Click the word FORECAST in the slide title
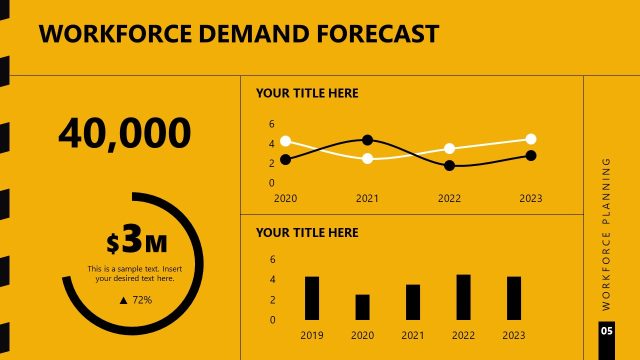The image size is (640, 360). pos(376,34)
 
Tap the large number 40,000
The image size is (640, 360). pos(125,133)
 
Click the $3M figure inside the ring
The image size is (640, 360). pos(137,242)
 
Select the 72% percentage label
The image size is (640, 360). pos(142,300)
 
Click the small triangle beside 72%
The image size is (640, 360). pos(123,300)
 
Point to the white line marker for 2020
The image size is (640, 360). pos(286,141)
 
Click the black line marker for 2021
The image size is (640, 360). pos(368,140)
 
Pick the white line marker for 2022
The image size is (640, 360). pos(450,148)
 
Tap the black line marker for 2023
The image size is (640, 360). pos(531,155)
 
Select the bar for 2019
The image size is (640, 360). pos(312,298)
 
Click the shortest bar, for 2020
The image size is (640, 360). pos(362,307)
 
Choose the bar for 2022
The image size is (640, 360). pos(463,297)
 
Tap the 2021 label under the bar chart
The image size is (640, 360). pos(413,335)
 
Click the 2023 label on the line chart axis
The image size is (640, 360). pos(531,198)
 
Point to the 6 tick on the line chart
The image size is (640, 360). pos(271,124)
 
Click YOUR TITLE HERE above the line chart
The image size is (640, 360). pos(307,94)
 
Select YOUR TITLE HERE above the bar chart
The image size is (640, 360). pos(307,233)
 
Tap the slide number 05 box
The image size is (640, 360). pos(607,330)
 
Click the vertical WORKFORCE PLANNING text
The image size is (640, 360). pos(607,232)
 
